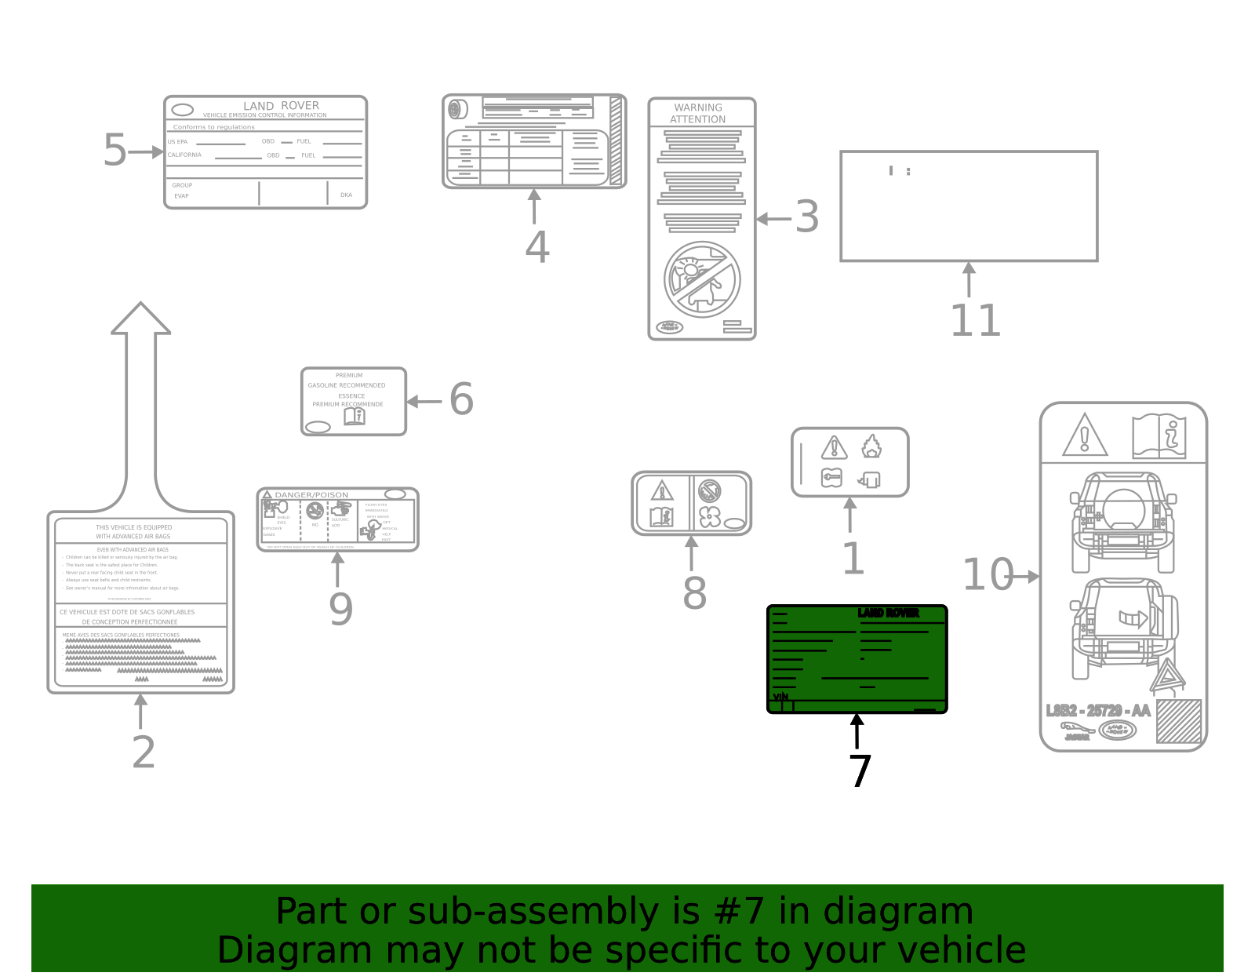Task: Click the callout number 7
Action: click(860, 771)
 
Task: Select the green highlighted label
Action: click(857, 659)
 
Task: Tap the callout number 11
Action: click(975, 321)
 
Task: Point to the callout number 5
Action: click(115, 151)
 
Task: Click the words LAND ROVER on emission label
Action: click(281, 105)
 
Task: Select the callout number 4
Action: click(537, 248)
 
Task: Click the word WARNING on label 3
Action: click(698, 107)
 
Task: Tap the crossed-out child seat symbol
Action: click(702, 279)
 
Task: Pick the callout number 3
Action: click(807, 217)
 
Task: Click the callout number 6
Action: click(461, 399)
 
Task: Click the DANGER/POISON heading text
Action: click(311, 495)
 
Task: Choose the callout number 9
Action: click(340, 610)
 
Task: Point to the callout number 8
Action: click(694, 594)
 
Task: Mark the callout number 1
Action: click(853, 559)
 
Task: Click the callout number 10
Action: click(988, 575)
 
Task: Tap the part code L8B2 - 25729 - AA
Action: click(1098, 711)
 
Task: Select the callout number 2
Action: click(144, 752)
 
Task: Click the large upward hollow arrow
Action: click(141, 392)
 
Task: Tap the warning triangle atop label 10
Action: click(1085, 436)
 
